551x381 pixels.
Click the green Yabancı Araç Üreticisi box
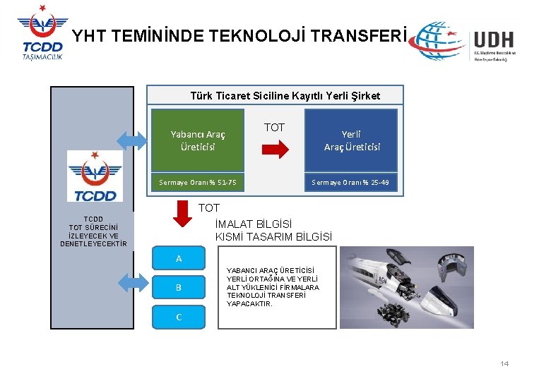coord(198,140)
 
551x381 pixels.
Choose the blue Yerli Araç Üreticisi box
coord(351,140)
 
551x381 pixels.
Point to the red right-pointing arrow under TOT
coord(275,150)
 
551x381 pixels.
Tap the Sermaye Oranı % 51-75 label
coord(198,183)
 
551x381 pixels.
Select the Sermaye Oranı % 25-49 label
coord(351,183)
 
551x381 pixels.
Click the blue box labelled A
coord(179,258)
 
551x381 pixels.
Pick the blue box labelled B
coord(179,288)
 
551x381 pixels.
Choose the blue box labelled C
coord(179,317)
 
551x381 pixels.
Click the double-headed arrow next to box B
coord(131,283)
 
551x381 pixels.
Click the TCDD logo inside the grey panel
coord(95,176)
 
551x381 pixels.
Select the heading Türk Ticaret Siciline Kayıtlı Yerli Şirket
coord(285,95)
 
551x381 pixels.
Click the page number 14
coord(504,363)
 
